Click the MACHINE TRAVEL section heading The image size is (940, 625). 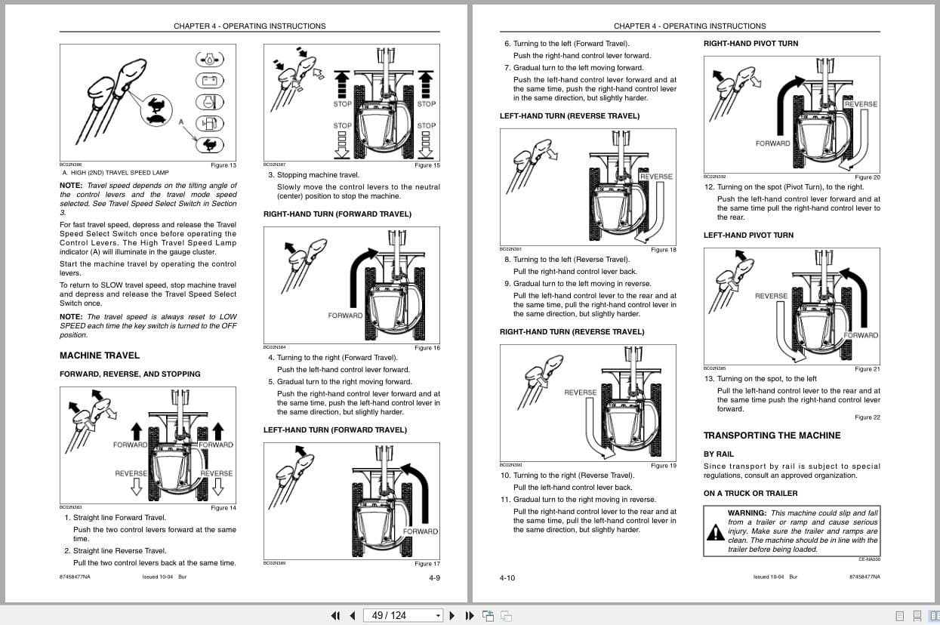[99, 356]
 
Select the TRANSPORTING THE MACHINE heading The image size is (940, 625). [772, 436]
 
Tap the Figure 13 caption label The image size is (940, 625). [223, 165]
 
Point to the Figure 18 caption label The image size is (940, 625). [663, 250]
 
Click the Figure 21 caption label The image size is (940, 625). [867, 369]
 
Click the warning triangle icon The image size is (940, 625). [714, 532]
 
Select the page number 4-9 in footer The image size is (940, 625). [434, 577]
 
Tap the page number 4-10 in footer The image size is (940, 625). [507, 577]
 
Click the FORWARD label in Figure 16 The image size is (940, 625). [345, 316]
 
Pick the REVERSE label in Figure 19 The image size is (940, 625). [580, 393]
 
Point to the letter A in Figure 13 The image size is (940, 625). [181, 121]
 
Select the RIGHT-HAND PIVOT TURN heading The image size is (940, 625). [750, 44]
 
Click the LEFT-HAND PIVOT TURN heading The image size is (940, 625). [748, 236]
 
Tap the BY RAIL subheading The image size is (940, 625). [719, 454]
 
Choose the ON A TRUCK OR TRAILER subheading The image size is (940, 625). [750, 494]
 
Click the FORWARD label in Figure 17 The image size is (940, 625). [421, 531]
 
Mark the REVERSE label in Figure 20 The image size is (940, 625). [861, 104]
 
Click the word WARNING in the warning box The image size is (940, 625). [747, 513]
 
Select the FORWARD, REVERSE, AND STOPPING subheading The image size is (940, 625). [130, 374]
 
